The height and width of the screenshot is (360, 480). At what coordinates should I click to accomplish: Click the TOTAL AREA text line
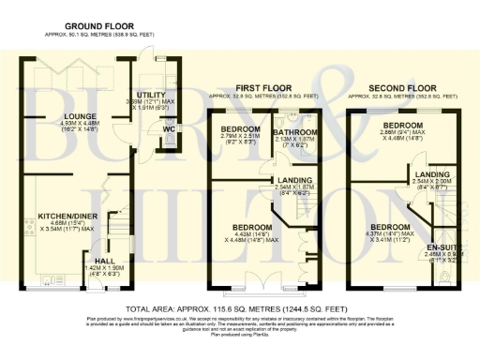click(239, 307)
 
